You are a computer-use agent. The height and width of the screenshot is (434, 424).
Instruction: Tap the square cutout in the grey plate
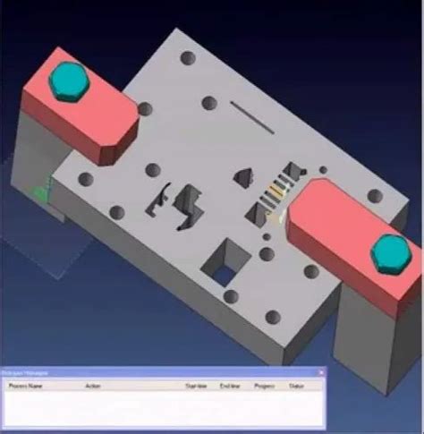point(224,261)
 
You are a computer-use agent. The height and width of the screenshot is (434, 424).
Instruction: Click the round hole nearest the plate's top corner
point(187,58)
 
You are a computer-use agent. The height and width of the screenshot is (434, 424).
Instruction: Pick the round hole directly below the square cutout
point(230,296)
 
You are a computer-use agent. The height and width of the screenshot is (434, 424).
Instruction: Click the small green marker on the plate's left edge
point(40,190)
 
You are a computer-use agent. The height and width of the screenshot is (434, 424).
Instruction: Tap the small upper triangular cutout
point(242,176)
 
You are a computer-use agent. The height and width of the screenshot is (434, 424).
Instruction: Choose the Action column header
point(92,387)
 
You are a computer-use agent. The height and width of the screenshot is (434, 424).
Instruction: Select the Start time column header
point(195,387)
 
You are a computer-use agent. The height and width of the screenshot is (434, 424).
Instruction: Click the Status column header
point(295,387)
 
